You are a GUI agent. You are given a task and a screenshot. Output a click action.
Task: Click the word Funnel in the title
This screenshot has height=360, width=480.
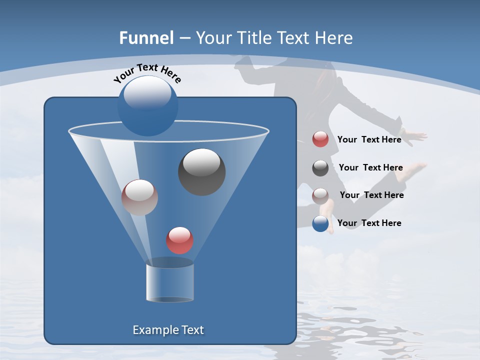(x=146, y=38)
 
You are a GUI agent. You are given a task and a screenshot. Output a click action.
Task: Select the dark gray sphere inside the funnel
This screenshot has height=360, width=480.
(x=201, y=171)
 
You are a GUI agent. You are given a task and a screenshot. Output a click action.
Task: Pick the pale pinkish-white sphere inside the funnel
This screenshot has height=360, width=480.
(x=139, y=197)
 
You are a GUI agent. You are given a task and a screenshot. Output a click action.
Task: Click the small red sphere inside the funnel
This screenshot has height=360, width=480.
(x=179, y=240)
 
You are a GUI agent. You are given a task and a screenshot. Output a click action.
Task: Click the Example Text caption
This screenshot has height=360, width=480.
(x=168, y=330)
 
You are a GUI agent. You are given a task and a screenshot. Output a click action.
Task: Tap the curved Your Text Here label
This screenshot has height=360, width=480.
(x=147, y=73)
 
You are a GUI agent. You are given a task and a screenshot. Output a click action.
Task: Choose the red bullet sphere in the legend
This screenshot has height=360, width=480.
(x=320, y=139)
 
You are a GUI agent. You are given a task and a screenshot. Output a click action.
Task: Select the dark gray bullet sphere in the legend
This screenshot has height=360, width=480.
(x=320, y=167)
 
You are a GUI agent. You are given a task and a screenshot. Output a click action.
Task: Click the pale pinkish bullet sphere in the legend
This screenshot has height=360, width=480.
(x=320, y=195)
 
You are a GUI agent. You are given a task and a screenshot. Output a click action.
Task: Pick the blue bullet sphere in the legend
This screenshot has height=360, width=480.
(x=320, y=223)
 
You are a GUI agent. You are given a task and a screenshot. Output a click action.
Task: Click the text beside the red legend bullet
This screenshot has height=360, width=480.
(x=369, y=139)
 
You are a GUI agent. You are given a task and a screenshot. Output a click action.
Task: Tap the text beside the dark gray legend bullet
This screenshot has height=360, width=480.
(x=370, y=167)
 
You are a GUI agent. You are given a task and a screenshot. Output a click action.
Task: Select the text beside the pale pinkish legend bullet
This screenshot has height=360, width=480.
(x=371, y=195)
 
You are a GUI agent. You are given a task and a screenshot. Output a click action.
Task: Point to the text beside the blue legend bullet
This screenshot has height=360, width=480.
(x=369, y=223)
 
